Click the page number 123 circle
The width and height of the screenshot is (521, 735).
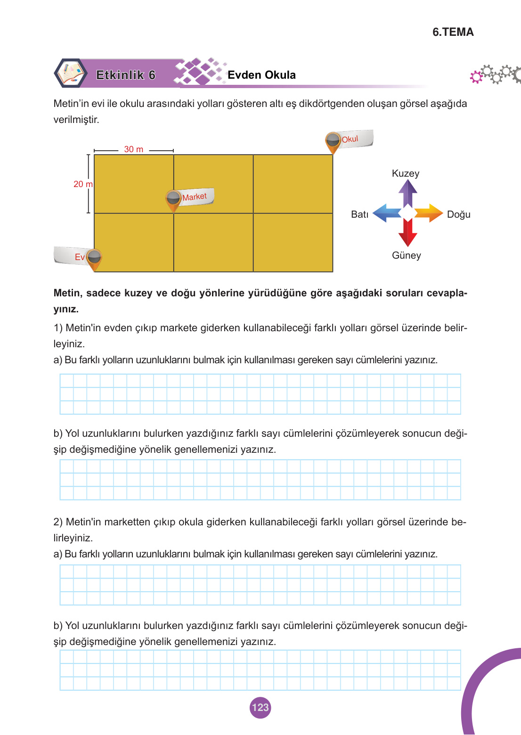click(x=260, y=707)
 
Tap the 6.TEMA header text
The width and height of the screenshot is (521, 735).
click(x=453, y=32)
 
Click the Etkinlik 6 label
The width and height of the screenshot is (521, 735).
click(x=125, y=75)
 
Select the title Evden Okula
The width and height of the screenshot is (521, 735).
click(x=261, y=75)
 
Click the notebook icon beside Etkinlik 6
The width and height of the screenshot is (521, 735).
click(x=71, y=73)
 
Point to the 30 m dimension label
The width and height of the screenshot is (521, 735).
click(x=134, y=149)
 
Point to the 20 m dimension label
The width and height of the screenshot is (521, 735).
click(x=82, y=184)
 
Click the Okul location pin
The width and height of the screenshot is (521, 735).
click(x=333, y=141)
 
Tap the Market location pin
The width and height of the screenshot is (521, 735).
click(x=173, y=199)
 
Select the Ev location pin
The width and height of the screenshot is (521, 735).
click(x=94, y=258)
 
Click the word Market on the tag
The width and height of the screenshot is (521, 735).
click(x=195, y=197)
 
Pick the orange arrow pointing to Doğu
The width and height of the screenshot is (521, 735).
click(x=429, y=213)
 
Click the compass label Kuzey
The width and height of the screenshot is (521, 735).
click(x=406, y=173)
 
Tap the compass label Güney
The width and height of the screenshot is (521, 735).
click(x=407, y=255)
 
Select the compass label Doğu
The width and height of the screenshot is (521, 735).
click(x=458, y=214)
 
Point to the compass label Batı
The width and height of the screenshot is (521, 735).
click(x=359, y=214)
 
